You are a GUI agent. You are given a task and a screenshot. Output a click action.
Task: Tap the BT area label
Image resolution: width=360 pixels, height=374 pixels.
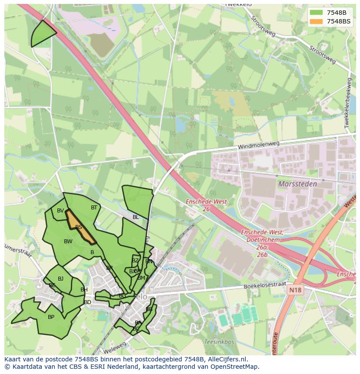point(94,208)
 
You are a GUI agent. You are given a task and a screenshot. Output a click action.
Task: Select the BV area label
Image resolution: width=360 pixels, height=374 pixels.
point(60,211)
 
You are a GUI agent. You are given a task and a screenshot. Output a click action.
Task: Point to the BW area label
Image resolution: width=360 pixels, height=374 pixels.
point(68,242)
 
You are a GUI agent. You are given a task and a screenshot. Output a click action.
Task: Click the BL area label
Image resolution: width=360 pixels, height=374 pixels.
point(136,217)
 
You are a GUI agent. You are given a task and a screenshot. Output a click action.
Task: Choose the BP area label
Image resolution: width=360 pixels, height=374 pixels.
point(51,317)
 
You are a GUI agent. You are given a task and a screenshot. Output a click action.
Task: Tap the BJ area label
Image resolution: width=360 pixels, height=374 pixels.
point(61,279)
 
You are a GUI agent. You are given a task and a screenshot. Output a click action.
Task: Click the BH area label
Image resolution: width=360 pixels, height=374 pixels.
point(84,290)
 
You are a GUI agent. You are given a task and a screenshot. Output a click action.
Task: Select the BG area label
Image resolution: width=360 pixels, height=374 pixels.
point(122,296)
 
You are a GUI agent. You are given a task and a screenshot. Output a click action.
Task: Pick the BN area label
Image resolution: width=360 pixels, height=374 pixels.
point(149,261)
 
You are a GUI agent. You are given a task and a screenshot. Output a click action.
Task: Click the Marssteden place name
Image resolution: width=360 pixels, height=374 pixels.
point(297,184)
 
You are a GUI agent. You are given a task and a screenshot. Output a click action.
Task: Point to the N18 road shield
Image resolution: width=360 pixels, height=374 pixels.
point(295,288)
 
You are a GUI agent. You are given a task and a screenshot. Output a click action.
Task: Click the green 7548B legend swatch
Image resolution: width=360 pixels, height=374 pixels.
point(317,13)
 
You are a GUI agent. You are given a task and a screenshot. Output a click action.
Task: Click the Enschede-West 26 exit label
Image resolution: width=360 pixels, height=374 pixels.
point(200,205)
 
